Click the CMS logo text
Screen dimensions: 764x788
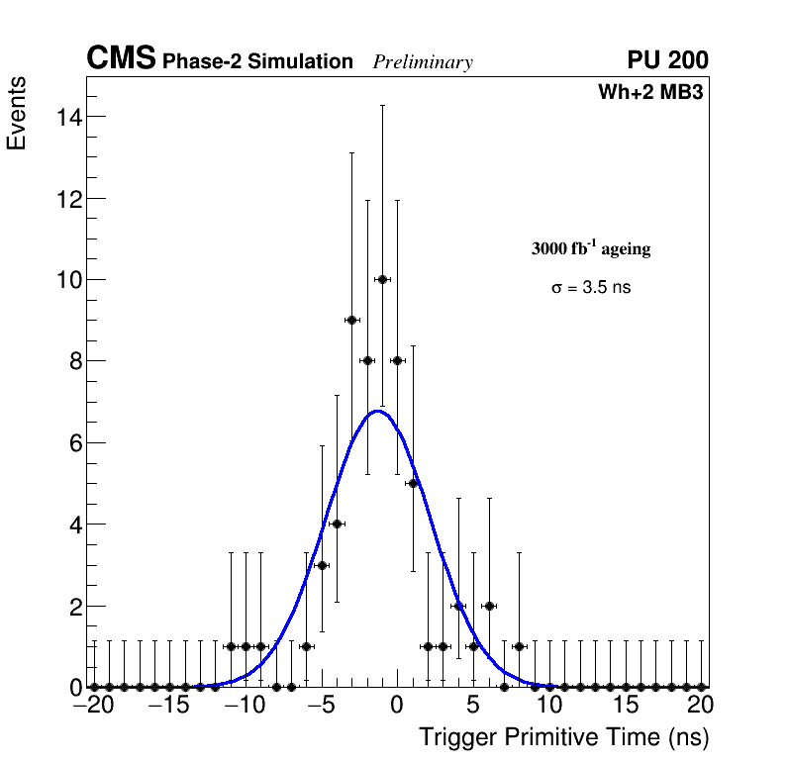click(121, 59)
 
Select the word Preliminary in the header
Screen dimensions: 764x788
click(423, 62)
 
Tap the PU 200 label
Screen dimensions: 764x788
click(667, 60)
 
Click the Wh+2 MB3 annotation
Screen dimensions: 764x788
click(649, 93)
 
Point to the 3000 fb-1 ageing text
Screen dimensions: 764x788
click(591, 248)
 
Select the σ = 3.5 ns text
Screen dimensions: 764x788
click(591, 288)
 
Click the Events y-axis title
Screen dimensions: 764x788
click(17, 114)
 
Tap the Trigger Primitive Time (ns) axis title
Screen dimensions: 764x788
click(564, 737)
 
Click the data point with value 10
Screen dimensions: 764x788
click(382, 280)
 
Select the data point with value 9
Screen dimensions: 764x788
click(351, 320)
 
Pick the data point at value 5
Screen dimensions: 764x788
click(413, 483)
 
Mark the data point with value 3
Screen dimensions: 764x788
click(322, 565)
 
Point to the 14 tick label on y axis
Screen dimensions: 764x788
click(66, 117)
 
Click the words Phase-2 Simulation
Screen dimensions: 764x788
click(257, 62)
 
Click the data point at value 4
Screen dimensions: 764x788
click(337, 524)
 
